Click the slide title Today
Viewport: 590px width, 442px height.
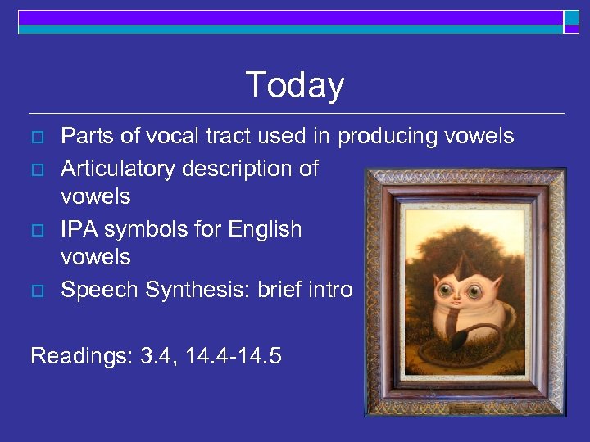(x=294, y=85)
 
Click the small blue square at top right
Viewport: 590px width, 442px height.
(x=571, y=17)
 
